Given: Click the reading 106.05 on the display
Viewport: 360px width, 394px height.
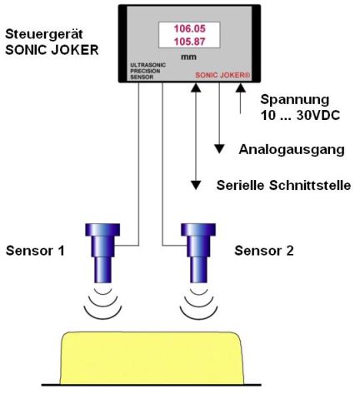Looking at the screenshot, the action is [190, 28].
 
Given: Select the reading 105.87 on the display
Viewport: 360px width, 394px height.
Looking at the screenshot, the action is [190, 42].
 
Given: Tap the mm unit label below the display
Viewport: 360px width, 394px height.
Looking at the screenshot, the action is [188, 57].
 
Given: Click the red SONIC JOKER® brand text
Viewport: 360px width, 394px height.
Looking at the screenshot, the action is [222, 75].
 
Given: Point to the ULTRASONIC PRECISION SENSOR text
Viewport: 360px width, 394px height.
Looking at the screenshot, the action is [147, 71].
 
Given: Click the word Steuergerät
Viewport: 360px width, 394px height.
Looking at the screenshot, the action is [44, 34].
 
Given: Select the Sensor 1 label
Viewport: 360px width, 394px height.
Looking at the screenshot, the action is [35, 251].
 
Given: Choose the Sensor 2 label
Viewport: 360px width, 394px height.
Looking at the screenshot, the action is [264, 251].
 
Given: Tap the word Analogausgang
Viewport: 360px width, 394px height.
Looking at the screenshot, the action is [292, 150].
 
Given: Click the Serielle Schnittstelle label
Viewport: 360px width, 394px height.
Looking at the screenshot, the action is [283, 185].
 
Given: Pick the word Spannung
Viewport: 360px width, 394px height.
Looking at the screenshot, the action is [295, 100].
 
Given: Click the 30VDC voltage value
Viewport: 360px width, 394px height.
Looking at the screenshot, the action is [318, 115].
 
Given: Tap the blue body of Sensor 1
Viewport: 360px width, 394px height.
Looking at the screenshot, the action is [102, 253].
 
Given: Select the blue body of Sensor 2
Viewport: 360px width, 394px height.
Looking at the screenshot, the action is [198, 253].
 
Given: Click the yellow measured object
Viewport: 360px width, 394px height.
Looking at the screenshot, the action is [152, 358].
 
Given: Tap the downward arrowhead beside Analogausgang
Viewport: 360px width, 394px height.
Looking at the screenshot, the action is [219, 149].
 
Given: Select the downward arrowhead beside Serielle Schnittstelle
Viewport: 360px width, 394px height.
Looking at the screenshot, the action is [196, 185].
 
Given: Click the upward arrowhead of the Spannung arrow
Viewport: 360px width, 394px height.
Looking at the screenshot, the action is [241, 87].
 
